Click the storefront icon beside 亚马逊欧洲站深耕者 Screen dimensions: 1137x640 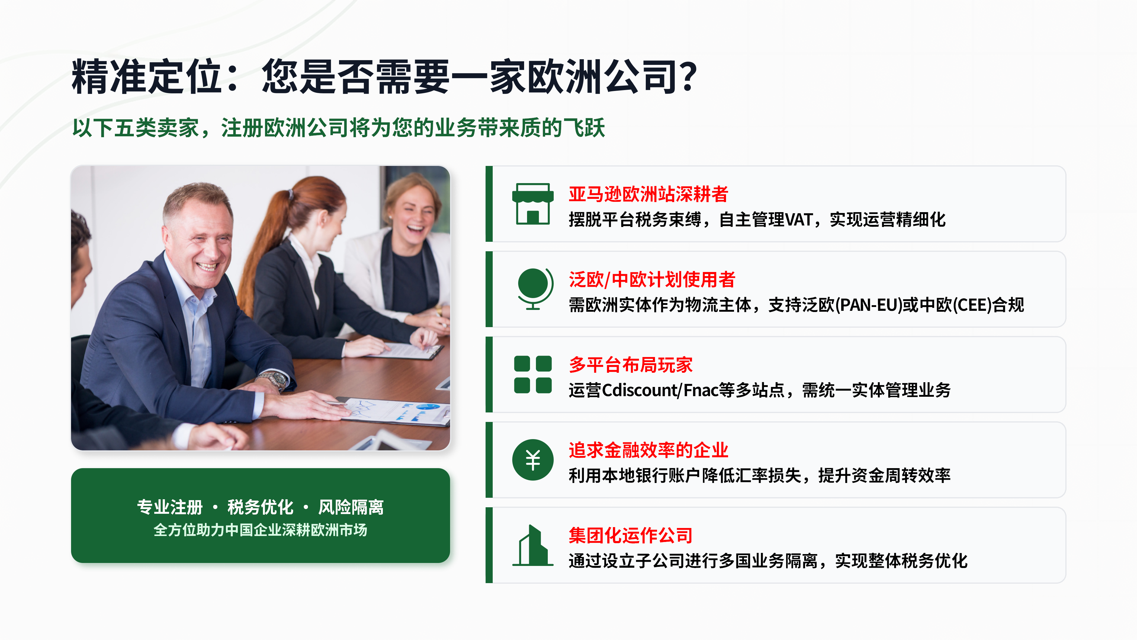tap(533, 204)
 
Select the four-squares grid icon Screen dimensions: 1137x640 tap(533, 374)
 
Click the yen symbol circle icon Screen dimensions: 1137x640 tap(533, 460)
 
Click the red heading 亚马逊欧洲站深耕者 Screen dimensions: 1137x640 tap(648, 194)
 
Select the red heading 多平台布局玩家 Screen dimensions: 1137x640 tap(630, 365)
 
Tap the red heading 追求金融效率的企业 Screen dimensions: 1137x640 tap(648, 450)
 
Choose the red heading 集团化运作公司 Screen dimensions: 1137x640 tap(630, 535)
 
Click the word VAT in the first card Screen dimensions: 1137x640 tap(799, 220)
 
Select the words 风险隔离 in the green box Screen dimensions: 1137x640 tap(351, 507)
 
